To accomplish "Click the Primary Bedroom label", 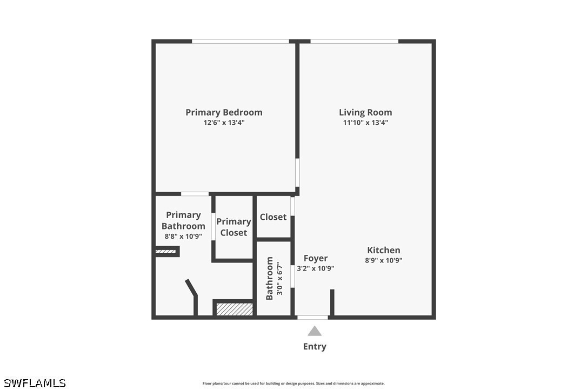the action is point(224,112).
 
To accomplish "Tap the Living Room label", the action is point(365,112).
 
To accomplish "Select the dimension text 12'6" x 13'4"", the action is point(224,123).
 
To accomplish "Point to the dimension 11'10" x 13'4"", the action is point(365,123).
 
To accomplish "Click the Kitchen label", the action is point(383,250).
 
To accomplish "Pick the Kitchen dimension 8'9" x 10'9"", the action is point(383,260).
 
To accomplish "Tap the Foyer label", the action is point(316,258).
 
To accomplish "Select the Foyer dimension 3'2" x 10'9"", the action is point(316,268).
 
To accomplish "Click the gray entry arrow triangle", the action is point(315,331).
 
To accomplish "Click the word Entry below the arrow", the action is point(315,347).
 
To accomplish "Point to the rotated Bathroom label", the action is point(269,278).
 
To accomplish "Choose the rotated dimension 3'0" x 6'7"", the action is point(279,278).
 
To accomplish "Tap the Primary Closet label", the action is point(234,227).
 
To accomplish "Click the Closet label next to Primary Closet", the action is point(273,217).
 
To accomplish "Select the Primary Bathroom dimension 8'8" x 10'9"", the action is point(183,236).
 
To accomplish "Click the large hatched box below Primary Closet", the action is point(235,309).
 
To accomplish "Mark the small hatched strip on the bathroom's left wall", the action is point(165,252).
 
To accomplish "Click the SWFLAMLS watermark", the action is point(35,383).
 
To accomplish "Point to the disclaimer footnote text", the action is point(293,383).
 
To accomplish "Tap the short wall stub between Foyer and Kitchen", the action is point(332,302).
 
